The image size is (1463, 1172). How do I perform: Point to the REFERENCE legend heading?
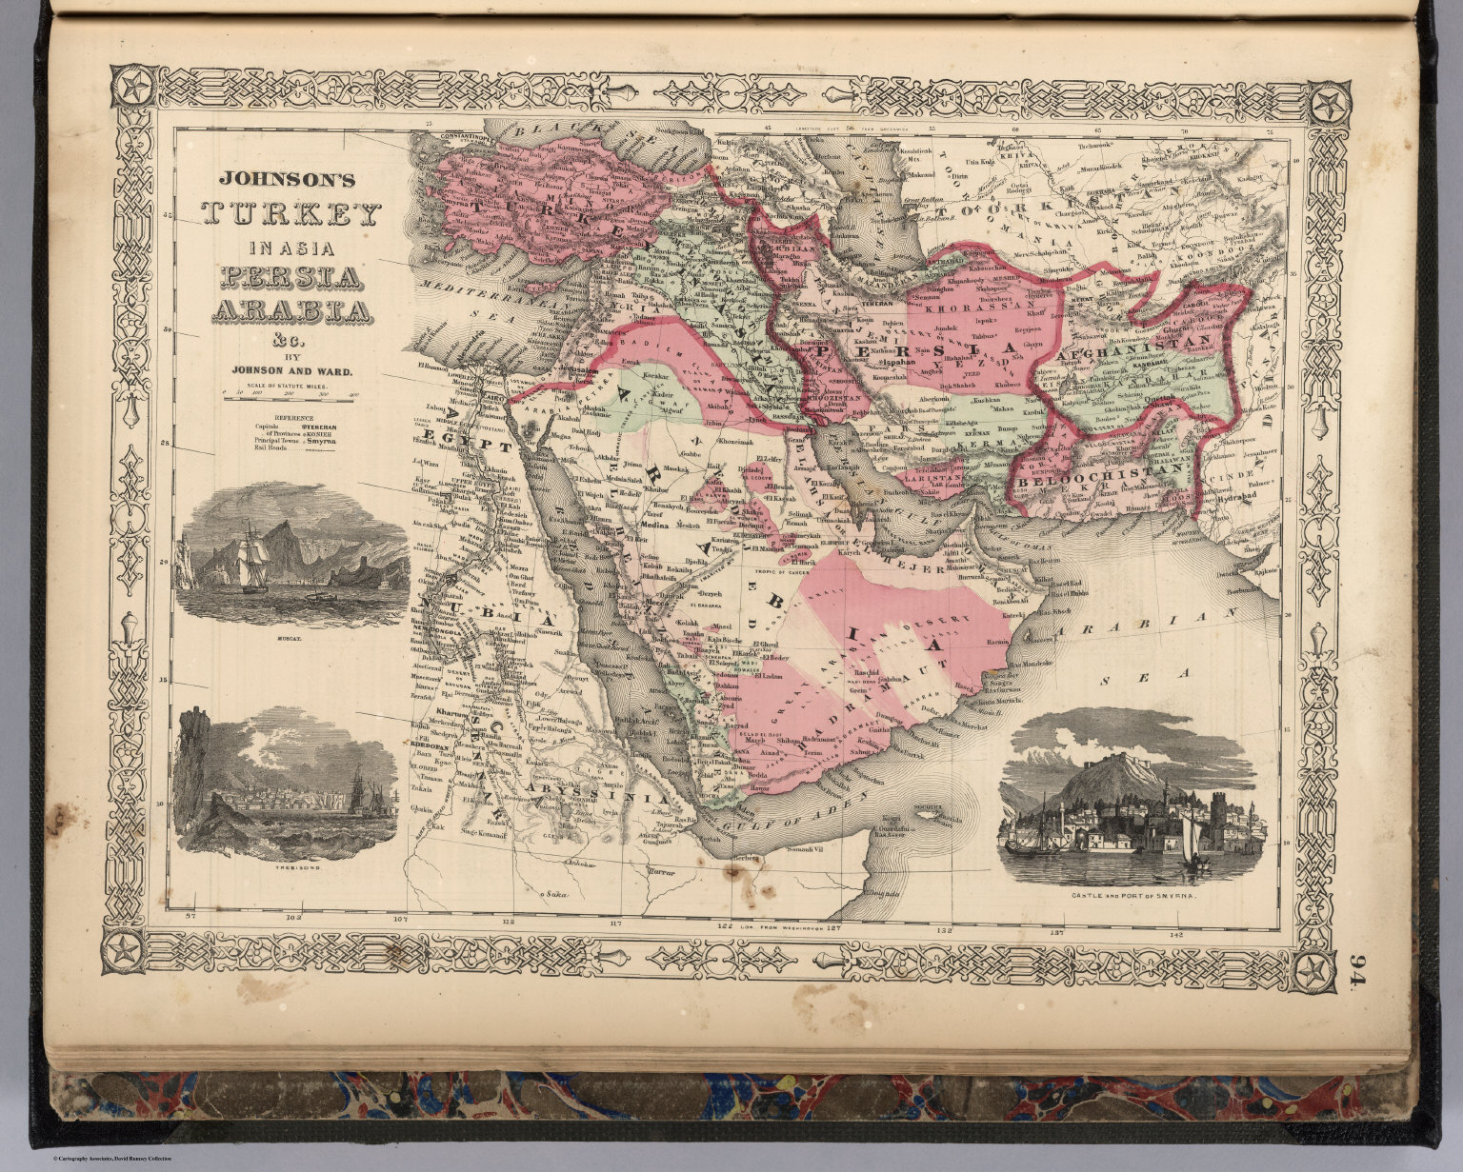(294, 417)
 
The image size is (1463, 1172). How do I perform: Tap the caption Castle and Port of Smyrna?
(1132, 897)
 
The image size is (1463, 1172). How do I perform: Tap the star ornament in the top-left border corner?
(128, 89)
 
